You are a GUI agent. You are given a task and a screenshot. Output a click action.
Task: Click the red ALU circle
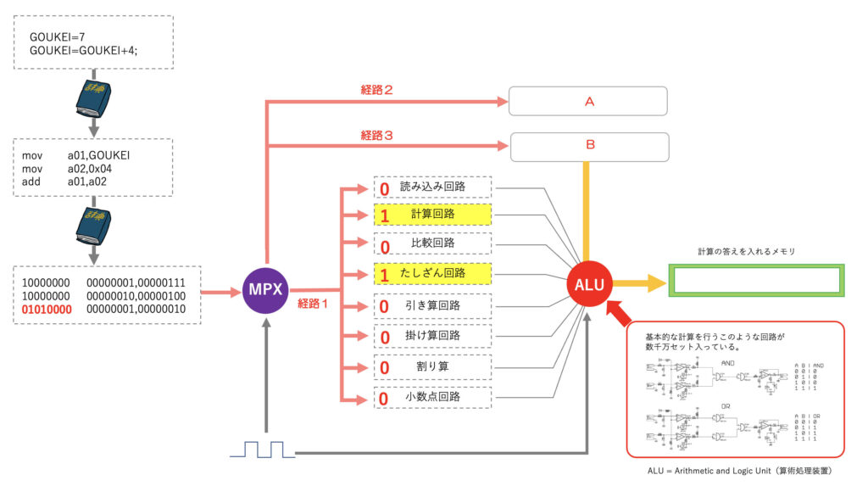coord(589,285)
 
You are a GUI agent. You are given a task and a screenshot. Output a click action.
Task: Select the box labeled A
coord(588,101)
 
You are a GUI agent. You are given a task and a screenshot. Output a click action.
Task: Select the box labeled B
coord(589,146)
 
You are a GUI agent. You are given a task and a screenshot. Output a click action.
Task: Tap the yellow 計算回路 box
coord(432,215)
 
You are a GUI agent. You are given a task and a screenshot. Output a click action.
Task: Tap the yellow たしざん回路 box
coord(432,273)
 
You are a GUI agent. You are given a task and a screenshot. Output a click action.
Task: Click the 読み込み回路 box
coord(432,186)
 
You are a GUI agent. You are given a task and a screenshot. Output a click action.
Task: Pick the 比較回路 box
coord(432,243)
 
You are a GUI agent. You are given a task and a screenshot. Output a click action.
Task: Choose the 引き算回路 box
coord(432,304)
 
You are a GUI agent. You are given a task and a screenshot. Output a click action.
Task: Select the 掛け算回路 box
coord(432,336)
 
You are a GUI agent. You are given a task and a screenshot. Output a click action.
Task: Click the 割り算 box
coord(432,367)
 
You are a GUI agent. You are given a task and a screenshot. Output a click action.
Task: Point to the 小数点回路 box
coord(432,397)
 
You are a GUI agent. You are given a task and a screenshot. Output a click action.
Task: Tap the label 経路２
coord(377,90)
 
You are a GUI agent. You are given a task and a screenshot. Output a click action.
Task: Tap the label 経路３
coord(377,135)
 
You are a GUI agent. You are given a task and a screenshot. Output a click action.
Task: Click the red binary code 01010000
coord(47,310)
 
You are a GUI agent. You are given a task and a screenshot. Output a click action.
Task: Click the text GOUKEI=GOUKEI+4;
coord(84,52)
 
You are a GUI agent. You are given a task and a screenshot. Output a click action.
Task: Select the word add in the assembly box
coord(31,182)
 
